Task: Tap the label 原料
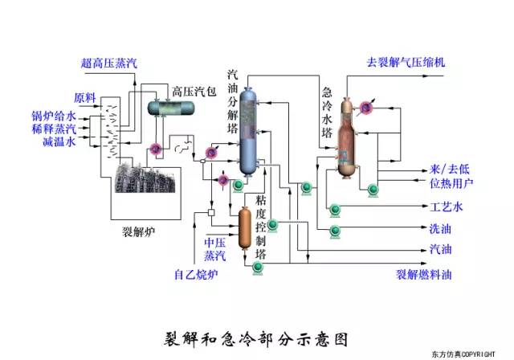pos(85,98)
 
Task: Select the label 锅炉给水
pos(54,116)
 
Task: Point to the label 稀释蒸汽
pos(54,129)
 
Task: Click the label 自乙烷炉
pos(196,274)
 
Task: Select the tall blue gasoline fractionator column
pos(250,133)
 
